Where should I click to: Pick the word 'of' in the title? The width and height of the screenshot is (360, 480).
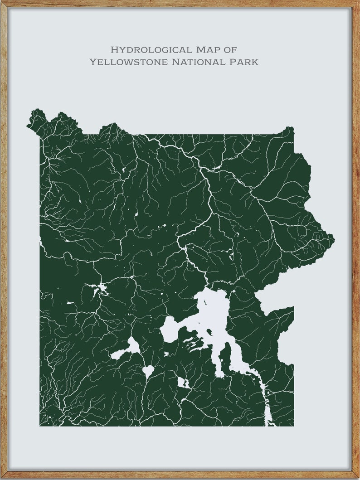point(230,49)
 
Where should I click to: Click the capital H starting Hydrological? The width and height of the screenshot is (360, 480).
point(114,49)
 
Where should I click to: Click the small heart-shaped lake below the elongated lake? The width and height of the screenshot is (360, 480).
point(148,371)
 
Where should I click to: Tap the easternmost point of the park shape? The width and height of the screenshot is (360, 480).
point(334,237)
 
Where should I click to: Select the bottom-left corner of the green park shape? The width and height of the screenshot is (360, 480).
point(40,425)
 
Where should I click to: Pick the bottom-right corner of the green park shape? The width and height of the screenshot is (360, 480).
point(293,425)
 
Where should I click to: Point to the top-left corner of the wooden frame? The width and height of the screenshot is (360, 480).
point(2,2)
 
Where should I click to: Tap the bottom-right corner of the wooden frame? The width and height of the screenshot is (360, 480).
point(358,478)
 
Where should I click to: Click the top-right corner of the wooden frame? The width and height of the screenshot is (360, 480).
point(358,2)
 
